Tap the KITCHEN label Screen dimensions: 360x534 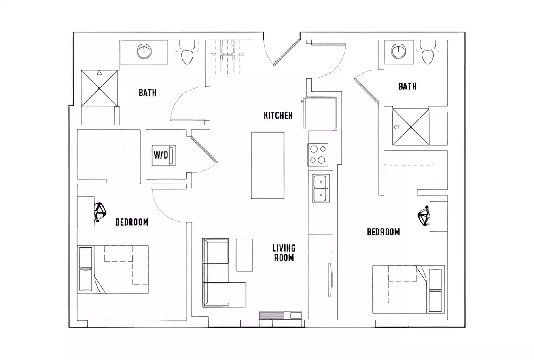278,116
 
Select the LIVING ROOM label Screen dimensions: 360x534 284,253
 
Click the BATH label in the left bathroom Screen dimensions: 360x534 147,93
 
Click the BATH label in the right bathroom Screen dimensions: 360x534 407,86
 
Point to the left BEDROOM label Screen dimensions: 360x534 131,222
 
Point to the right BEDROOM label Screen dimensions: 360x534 383,232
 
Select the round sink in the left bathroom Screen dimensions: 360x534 144,52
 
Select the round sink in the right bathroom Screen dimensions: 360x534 398,51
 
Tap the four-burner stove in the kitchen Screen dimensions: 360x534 318,155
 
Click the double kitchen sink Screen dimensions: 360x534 321,188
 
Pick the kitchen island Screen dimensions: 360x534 267,165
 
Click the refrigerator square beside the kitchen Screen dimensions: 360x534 320,113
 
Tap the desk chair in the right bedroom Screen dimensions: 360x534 424,216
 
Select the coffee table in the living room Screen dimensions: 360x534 244,255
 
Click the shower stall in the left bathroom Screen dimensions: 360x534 100,88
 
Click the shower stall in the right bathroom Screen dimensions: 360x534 411,127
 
